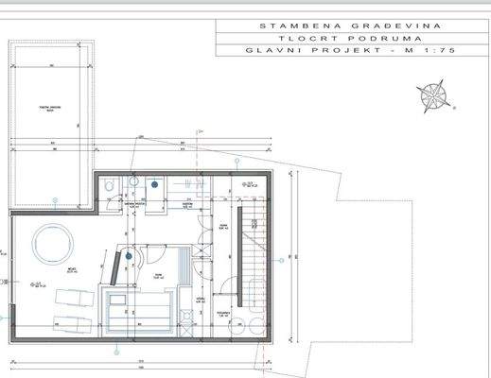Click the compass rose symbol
pyautogui.click(x=434, y=95)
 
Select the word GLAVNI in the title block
pyautogui.click(x=267, y=53)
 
